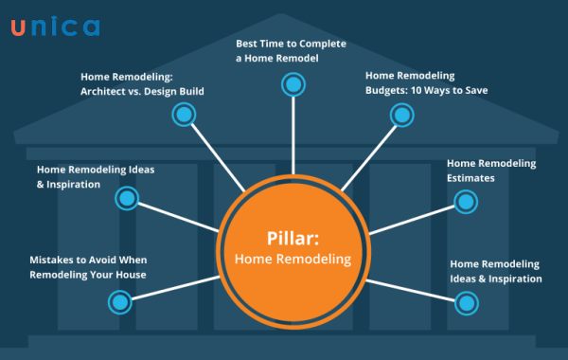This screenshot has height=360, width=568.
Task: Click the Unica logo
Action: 55,26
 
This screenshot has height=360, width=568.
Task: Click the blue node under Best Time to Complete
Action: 293,85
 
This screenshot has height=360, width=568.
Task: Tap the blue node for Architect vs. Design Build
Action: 183,115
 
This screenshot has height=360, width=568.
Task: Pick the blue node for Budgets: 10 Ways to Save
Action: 401,115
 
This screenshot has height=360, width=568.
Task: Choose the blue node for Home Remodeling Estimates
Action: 465,201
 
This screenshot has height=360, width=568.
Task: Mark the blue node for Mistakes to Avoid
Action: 119,302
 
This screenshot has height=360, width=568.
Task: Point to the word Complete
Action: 322,44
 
